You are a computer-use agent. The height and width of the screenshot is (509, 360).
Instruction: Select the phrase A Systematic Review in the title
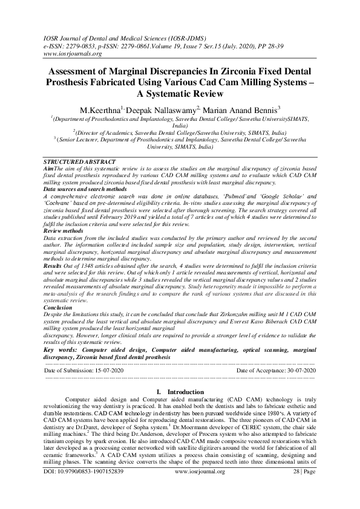coord(180,94)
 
